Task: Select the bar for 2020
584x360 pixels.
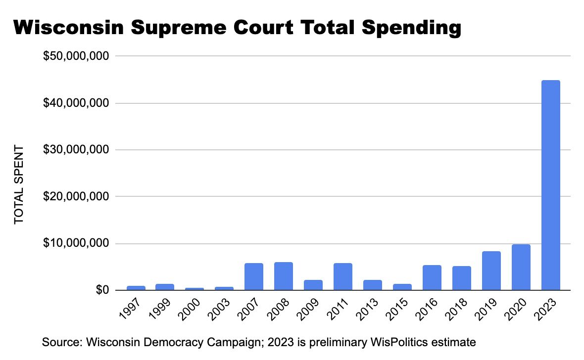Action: [x=521, y=267]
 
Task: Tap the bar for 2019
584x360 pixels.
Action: [x=491, y=271]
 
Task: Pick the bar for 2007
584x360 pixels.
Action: [x=253, y=277]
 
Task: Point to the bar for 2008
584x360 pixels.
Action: [x=283, y=276]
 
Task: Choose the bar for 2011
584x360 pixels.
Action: [x=342, y=277]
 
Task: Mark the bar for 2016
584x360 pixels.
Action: [x=432, y=278]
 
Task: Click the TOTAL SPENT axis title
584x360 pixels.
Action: [x=19, y=184]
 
